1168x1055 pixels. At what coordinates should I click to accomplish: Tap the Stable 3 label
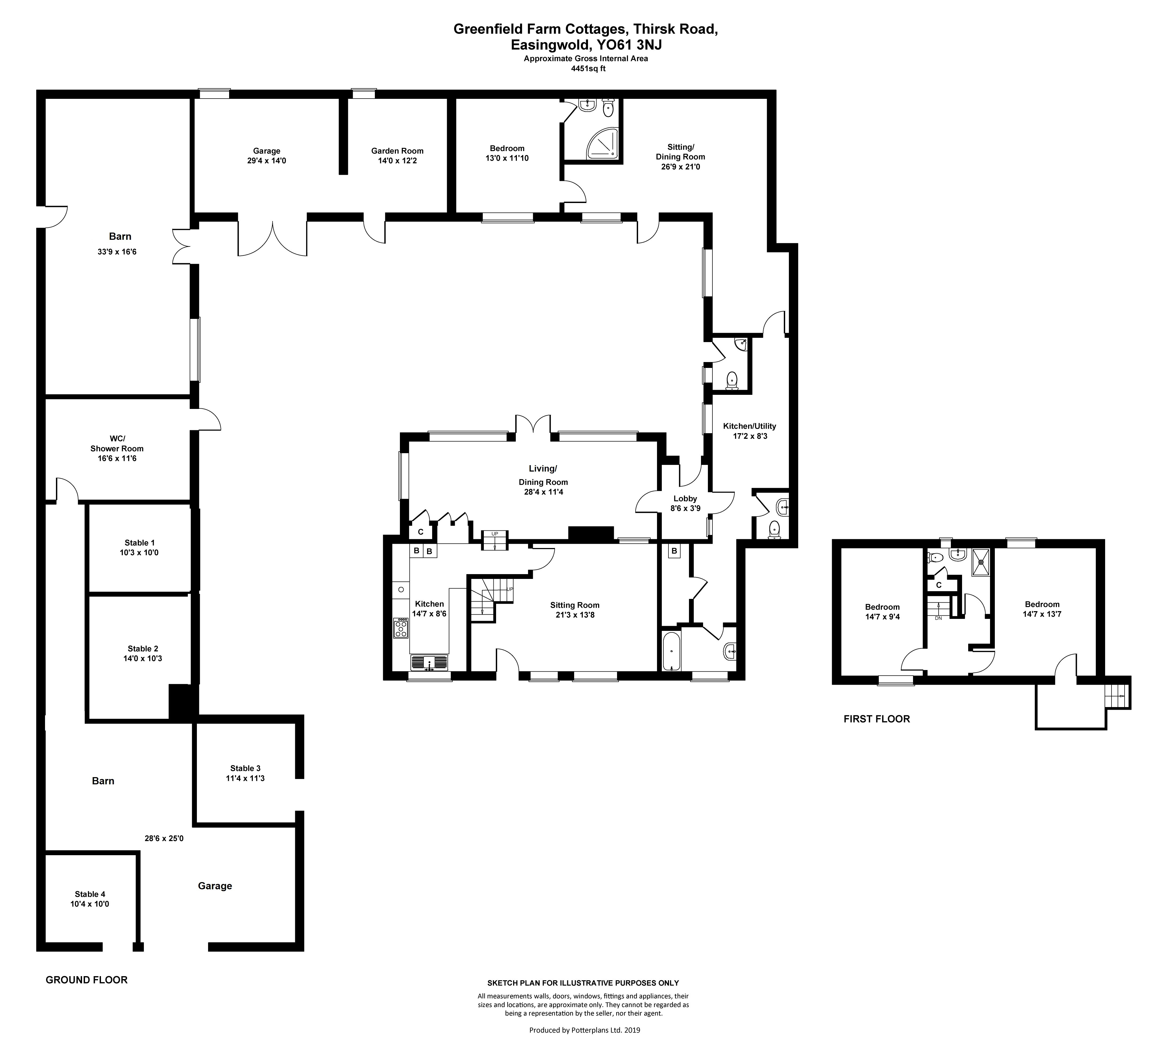(245, 768)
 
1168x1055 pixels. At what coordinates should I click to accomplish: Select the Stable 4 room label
(90, 894)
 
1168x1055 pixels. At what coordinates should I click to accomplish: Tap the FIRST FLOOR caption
(877, 719)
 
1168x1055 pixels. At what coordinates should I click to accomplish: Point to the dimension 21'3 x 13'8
(575, 615)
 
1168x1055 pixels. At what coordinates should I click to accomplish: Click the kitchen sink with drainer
(429, 662)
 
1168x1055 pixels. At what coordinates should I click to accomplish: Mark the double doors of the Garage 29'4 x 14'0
(272, 239)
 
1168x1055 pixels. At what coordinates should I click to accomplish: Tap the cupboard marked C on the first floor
(939, 585)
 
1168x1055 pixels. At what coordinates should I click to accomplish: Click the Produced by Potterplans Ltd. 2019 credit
(585, 1030)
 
